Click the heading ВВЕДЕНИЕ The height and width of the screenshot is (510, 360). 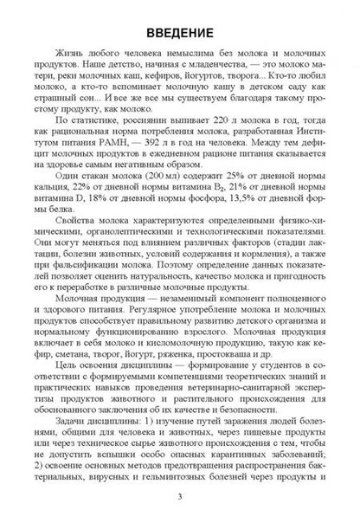pyautogui.click(x=179, y=33)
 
